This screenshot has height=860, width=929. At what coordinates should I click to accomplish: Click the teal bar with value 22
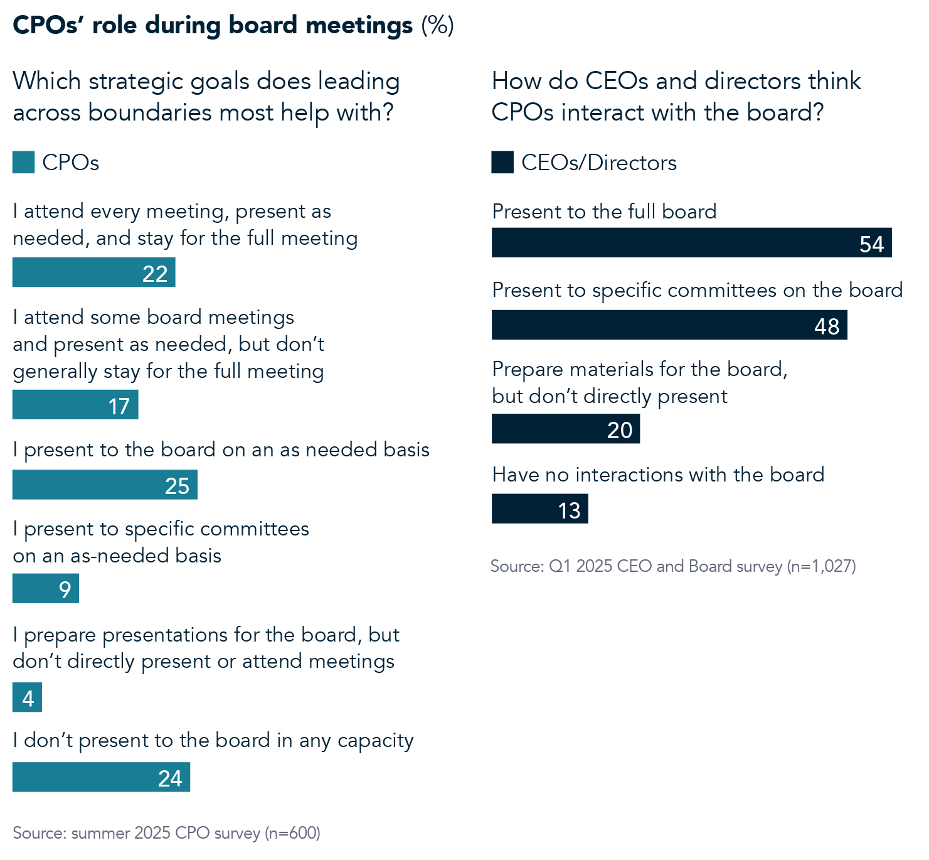tap(93, 272)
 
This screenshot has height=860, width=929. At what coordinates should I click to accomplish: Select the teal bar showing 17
tap(75, 405)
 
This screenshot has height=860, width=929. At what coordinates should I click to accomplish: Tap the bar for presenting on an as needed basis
tap(105, 485)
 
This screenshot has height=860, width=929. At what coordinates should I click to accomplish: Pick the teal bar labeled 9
tap(46, 589)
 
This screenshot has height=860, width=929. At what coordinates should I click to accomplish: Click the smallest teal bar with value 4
tap(27, 697)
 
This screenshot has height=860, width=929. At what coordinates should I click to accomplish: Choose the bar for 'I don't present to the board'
tap(101, 777)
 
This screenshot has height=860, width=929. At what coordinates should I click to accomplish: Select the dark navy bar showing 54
tap(691, 243)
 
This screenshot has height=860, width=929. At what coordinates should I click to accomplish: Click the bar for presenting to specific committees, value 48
tap(669, 325)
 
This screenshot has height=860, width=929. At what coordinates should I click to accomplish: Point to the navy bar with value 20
tap(565, 429)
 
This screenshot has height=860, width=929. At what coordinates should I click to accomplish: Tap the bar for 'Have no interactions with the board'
tap(539, 508)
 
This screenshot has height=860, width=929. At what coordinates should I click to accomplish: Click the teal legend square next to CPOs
tap(23, 163)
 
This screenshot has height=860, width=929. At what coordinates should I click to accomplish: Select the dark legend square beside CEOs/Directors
tap(502, 163)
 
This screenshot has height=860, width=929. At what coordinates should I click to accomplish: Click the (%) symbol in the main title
tap(437, 26)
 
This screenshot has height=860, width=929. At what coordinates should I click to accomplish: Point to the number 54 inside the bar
tap(871, 244)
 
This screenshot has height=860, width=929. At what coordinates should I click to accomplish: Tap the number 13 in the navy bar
tap(570, 510)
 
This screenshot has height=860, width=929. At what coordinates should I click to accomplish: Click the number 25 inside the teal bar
tap(177, 486)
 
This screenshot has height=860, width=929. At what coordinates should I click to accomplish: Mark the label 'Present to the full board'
tap(604, 212)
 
